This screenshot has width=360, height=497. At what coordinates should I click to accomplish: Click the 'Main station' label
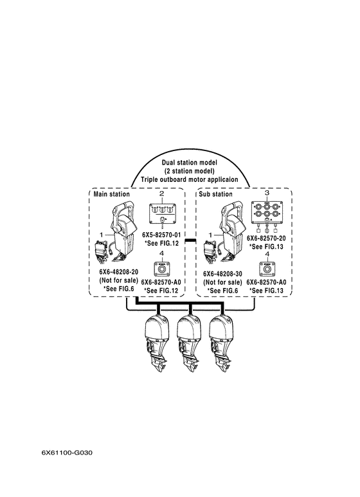click(x=112, y=194)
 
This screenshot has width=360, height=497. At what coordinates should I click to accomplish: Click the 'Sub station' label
click(x=215, y=194)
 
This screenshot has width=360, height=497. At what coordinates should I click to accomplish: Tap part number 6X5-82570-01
click(x=161, y=235)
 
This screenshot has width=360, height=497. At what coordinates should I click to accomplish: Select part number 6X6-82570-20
click(x=266, y=238)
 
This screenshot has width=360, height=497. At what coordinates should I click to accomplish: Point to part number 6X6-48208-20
click(x=118, y=272)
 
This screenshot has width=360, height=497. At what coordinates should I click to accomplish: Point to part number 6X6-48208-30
click(x=222, y=273)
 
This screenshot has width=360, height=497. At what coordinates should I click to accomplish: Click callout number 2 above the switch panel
click(x=161, y=194)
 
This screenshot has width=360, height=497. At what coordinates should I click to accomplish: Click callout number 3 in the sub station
click(x=267, y=193)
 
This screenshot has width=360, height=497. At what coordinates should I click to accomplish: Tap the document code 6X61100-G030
click(x=67, y=453)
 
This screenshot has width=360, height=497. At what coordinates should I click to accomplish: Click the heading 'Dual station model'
click(x=190, y=163)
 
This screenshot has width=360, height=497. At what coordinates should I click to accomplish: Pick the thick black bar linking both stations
click(x=190, y=242)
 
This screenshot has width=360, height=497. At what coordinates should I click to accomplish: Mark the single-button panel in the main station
click(x=161, y=269)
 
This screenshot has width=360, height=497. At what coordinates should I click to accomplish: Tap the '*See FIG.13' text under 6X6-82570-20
click(x=266, y=247)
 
